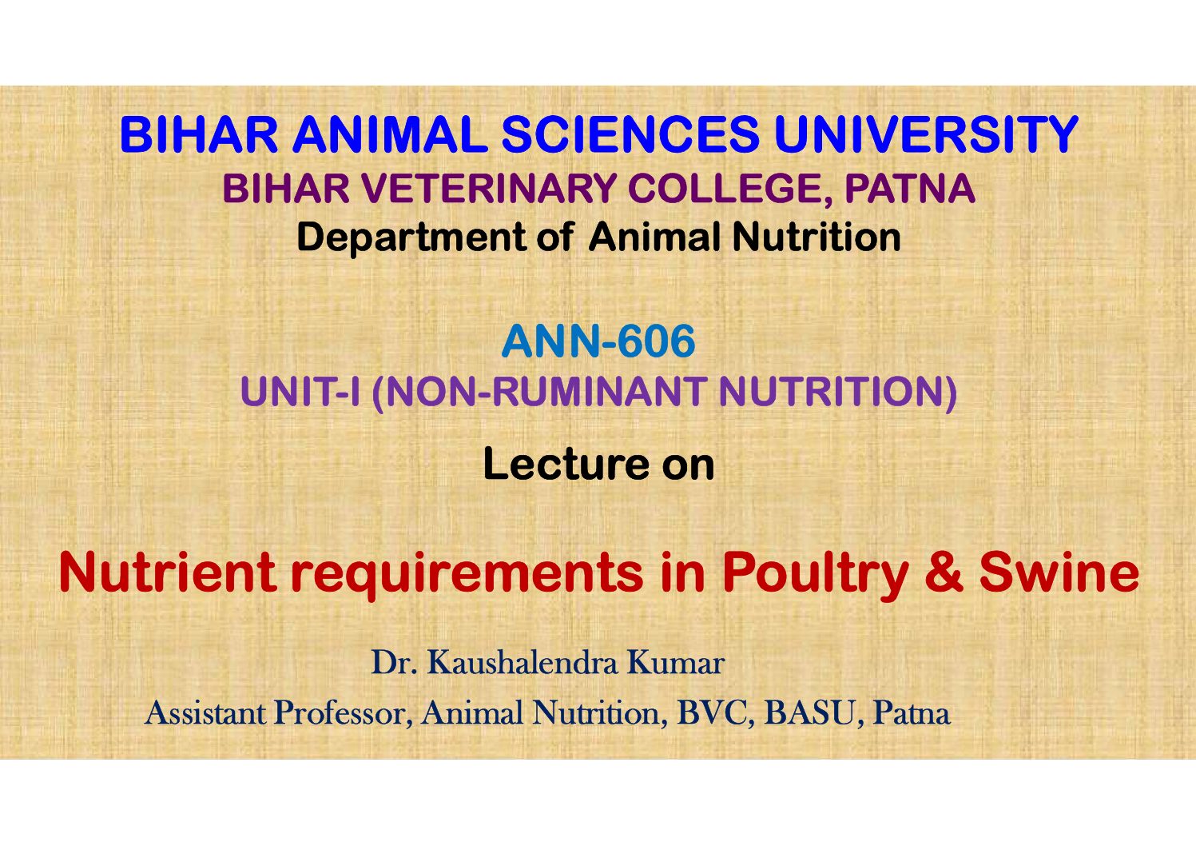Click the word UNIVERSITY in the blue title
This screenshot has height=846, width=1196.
(926, 134)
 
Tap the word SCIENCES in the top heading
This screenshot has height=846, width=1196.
(630, 134)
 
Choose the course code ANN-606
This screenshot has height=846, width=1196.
(598, 341)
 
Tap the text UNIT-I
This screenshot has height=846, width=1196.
(300, 391)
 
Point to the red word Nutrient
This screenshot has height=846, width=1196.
(168, 573)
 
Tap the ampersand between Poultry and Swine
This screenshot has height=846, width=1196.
(944, 573)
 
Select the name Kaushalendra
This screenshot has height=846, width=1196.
(523, 663)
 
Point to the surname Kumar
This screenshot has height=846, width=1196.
(675, 663)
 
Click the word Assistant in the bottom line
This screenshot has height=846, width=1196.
(205, 713)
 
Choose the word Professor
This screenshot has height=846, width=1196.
(343, 714)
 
